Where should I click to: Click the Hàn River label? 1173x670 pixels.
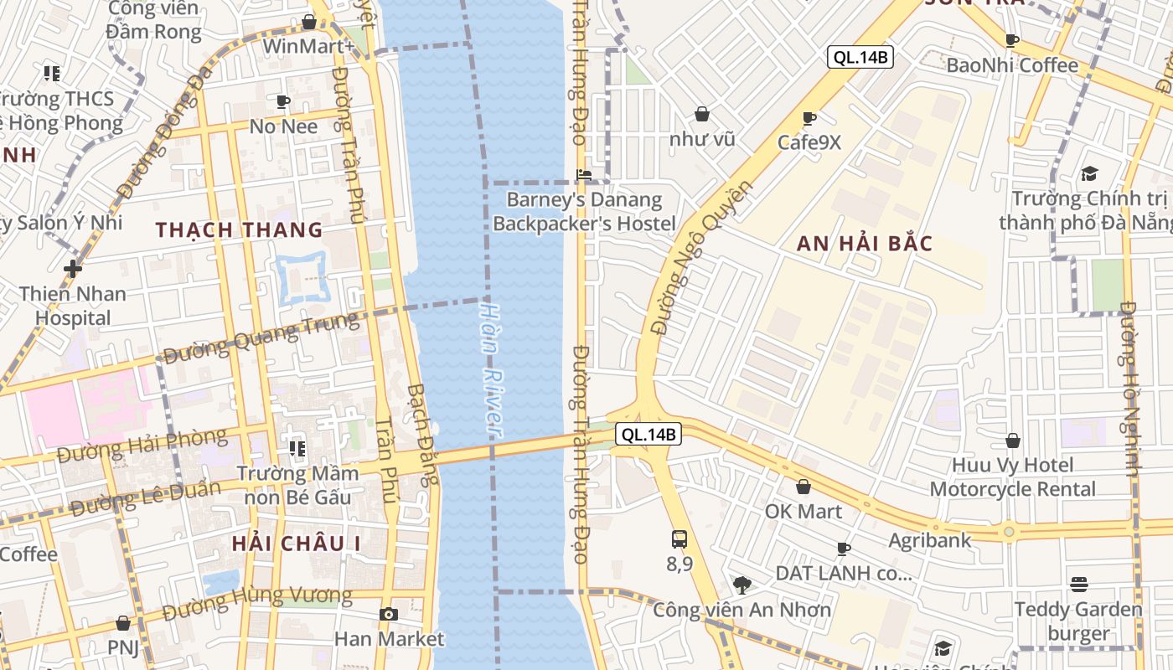tap(491, 369)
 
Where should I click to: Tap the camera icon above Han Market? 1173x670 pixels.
tap(388, 614)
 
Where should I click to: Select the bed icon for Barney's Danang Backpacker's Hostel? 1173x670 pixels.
tap(584, 175)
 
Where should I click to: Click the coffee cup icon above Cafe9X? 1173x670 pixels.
tap(809, 118)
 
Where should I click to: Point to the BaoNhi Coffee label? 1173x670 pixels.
tap(1012, 65)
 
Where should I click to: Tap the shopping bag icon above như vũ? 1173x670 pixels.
tap(702, 114)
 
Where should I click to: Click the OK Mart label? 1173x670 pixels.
tap(804, 511)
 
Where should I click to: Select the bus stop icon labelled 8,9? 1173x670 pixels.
tap(680, 539)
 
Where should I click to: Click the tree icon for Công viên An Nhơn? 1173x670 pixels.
tap(742, 585)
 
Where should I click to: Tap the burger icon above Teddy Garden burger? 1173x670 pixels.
tap(1079, 585)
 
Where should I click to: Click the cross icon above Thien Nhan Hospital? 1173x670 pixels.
tap(73, 269)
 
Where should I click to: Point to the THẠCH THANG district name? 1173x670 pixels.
tap(239, 229)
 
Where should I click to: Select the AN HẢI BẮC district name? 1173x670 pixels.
tap(864, 244)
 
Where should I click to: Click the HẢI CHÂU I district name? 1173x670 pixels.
tap(296, 543)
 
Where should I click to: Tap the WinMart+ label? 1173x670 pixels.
tap(308, 45)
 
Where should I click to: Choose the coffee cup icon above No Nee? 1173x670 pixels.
tap(283, 102)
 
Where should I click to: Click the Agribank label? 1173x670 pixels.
tap(930, 540)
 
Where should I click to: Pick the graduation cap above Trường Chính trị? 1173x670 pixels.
tap(1089, 173)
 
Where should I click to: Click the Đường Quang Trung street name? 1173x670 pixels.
tap(261, 338)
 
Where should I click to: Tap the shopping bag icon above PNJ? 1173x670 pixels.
tap(123, 623)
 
